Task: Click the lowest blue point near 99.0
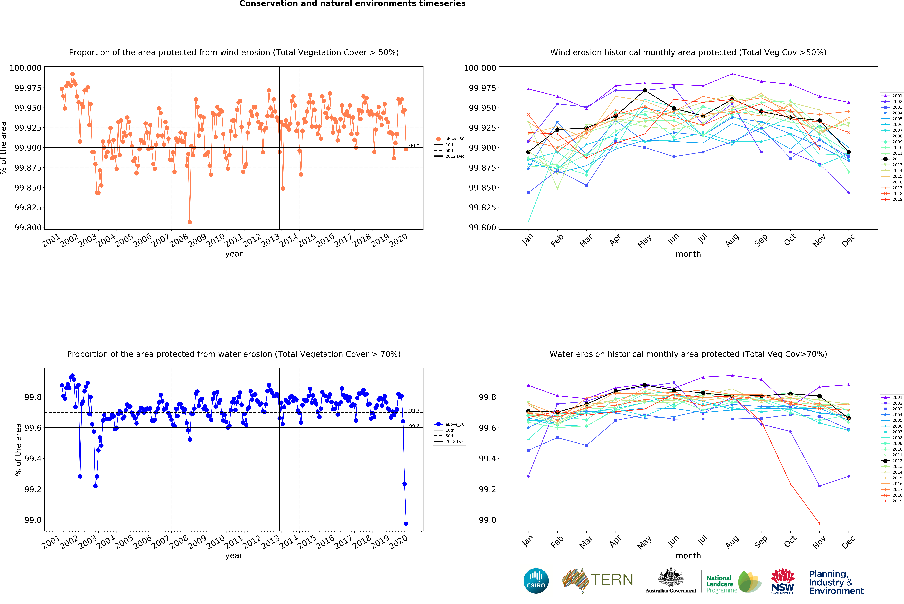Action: pos(406,524)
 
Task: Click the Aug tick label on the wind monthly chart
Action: pos(732,240)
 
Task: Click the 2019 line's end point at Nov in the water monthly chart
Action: pos(819,524)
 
